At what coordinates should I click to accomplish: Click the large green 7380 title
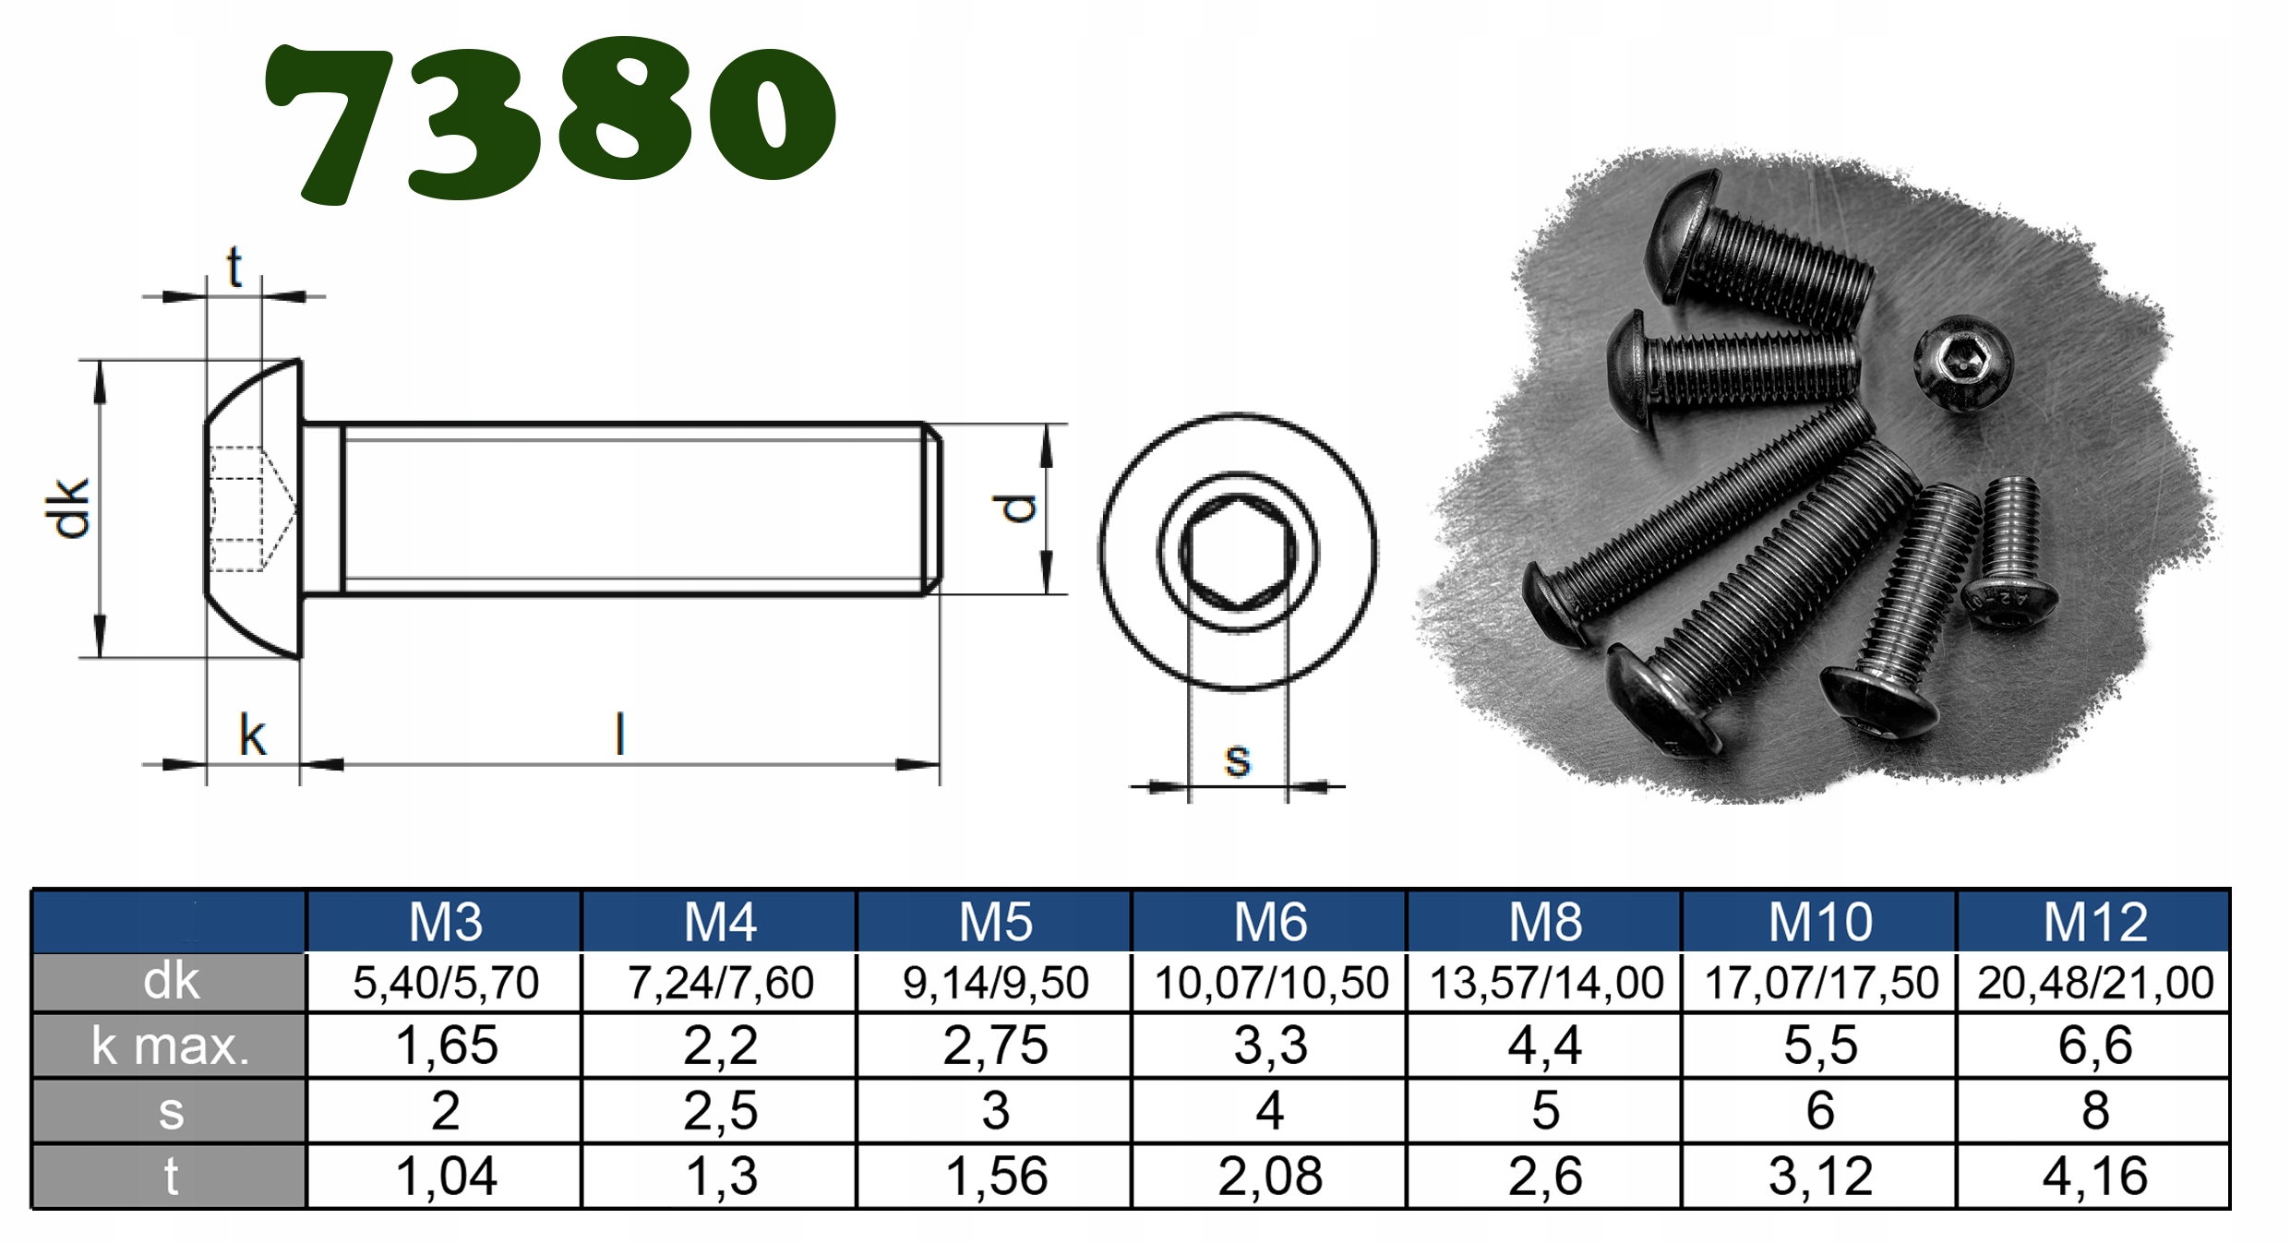tap(550, 120)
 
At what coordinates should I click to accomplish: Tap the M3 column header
tap(445, 921)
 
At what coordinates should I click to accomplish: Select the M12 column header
tap(2095, 921)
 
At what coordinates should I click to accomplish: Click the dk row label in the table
tap(171, 981)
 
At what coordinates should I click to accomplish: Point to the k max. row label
tap(171, 1046)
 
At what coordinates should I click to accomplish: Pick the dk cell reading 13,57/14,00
tap(1546, 983)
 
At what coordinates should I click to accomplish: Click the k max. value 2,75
tap(995, 1046)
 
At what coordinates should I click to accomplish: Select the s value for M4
tap(720, 1111)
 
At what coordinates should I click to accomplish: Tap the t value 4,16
tap(2095, 1177)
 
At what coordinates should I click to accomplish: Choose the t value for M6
tap(1270, 1177)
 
